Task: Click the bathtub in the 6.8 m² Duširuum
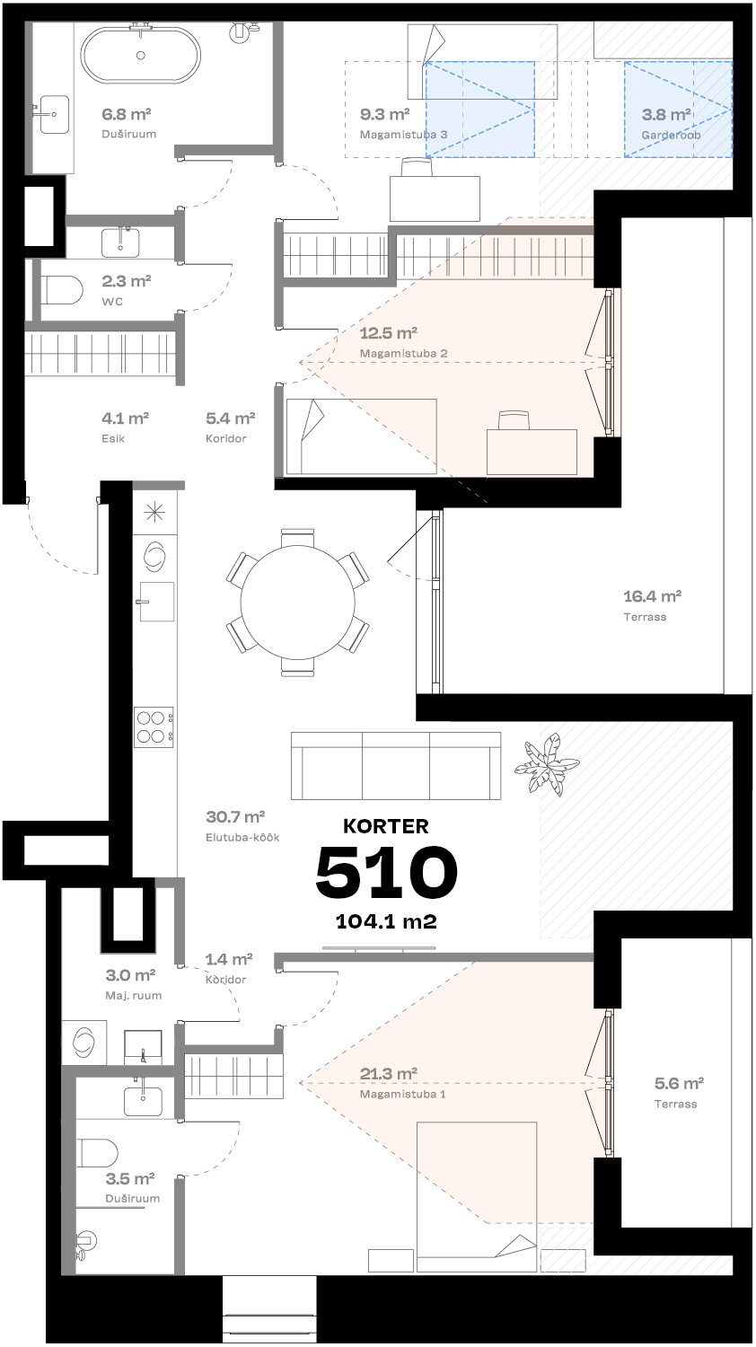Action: click(141, 56)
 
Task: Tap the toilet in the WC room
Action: click(62, 290)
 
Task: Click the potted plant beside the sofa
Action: click(545, 763)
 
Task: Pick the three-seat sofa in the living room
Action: click(396, 765)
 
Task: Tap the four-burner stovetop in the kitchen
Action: click(154, 726)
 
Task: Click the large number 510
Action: click(386, 873)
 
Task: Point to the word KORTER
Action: click(386, 826)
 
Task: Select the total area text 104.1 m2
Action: click(386, 921)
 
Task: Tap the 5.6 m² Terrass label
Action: click(675, 1092)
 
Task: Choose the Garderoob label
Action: click(671, 135)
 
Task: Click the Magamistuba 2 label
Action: click(403, 353)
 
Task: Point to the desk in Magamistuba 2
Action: click(532, 451)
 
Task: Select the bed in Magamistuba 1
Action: click(476, 1194)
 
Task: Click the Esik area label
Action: click(113, 438)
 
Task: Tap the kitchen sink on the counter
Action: click(156, 601)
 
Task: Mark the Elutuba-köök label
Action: click(242, 837)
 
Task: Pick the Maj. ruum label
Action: click(133, 995)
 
